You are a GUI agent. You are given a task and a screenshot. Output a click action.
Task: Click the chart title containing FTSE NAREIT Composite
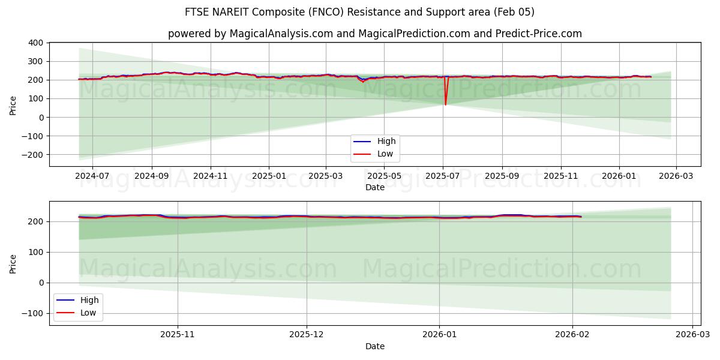[360, 12]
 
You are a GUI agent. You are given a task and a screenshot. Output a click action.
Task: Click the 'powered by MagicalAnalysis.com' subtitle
[374, 34]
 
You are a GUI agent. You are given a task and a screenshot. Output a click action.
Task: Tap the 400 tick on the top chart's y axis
[35, 43]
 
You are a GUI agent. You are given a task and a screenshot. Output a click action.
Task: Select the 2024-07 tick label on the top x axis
[92, 176]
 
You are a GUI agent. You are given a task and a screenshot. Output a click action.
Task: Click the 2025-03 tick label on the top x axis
[326, 176]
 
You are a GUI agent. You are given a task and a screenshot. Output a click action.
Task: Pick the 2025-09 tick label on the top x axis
[502, 176]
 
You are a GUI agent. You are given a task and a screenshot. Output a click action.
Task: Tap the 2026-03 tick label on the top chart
[676, 176]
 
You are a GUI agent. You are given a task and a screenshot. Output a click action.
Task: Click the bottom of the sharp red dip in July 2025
[445, 105]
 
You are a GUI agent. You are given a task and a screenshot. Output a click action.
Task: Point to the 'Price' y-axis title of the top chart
[13, 104]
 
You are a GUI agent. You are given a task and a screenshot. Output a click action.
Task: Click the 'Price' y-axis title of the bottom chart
[13, 263]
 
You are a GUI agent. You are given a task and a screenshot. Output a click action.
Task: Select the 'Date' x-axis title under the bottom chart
[374, 346]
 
